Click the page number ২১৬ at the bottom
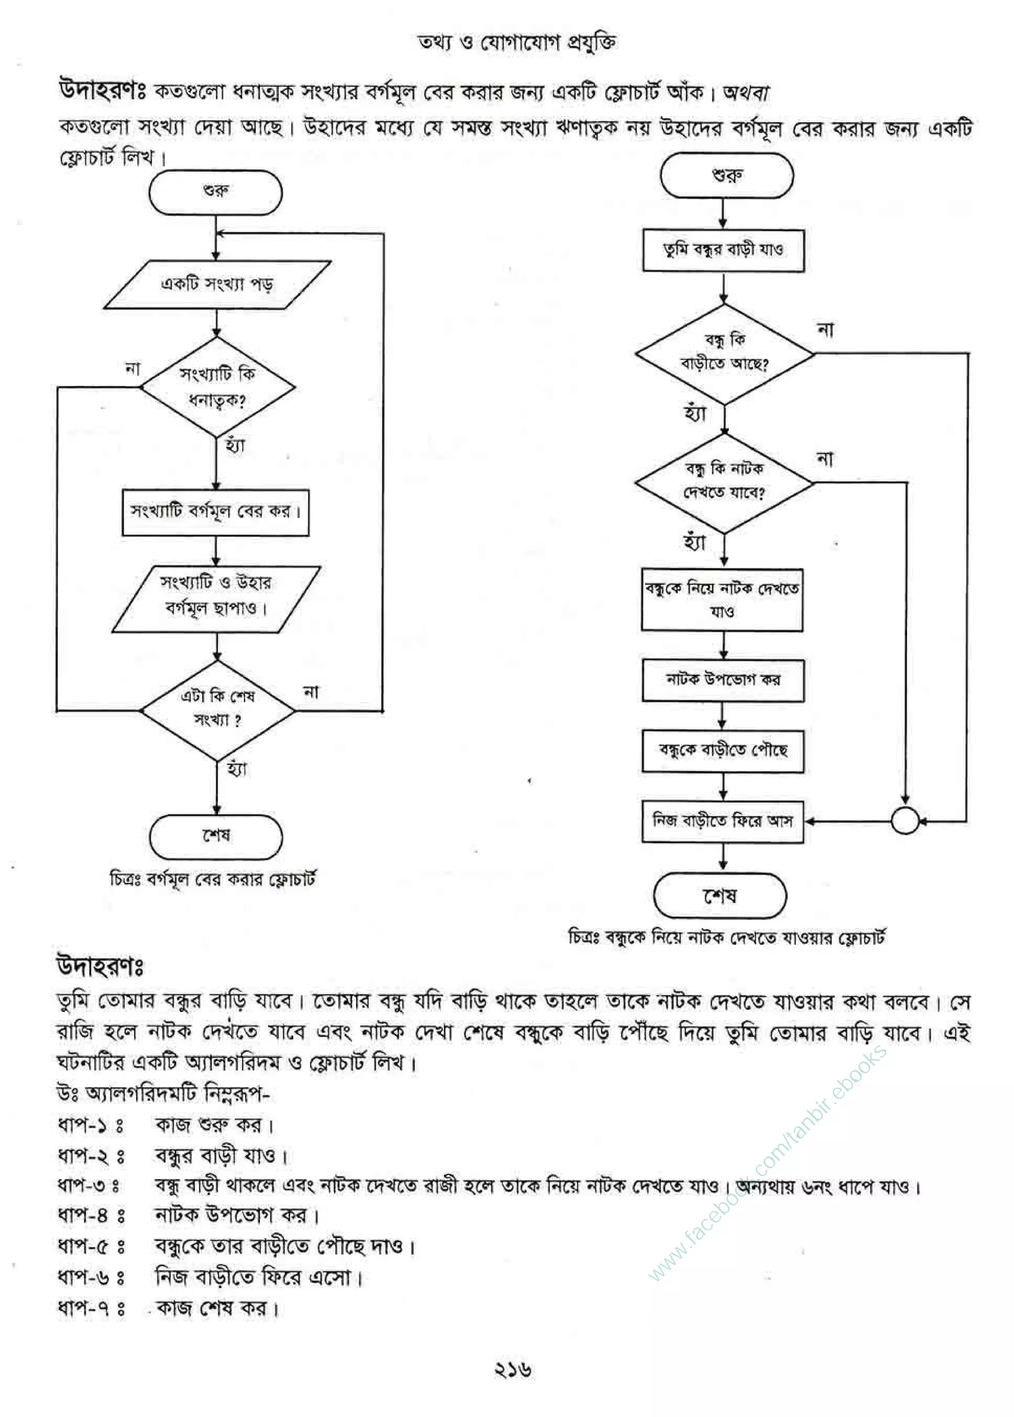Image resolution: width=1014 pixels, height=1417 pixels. point(512,1369)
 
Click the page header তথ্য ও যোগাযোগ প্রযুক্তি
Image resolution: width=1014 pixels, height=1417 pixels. point(517,42)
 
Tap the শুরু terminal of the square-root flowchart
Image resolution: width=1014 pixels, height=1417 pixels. point(215,192)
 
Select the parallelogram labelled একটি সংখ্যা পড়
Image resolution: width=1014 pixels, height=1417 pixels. point(217,285)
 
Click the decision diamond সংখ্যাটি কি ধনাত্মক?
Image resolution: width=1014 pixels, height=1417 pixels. point(217,387)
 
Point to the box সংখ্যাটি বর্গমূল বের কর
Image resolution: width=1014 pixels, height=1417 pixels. point(215,512)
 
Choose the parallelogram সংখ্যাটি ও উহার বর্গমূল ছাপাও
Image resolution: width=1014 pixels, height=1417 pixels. point(216,599)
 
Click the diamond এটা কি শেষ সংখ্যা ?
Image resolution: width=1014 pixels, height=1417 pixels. point(217,710)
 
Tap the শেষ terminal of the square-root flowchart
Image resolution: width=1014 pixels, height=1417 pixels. point(216,836)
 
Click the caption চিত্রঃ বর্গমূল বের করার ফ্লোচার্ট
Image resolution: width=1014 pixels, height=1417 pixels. point(212,880)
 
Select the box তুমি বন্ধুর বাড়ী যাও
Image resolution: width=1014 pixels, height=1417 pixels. point(723,250)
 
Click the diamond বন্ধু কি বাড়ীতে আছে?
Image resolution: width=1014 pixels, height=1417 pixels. point(724,353)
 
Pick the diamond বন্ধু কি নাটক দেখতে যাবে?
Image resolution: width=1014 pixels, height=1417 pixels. point(724,482)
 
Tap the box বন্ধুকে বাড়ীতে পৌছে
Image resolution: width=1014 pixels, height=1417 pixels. point(723,751)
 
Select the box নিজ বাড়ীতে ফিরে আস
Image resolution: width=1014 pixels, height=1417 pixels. point(723,822)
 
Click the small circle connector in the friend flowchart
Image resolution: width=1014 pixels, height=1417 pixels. point(905,821)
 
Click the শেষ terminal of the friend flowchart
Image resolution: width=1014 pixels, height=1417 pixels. point(720,896)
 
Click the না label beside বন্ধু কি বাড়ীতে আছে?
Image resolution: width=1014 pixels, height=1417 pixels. point(825,330)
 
